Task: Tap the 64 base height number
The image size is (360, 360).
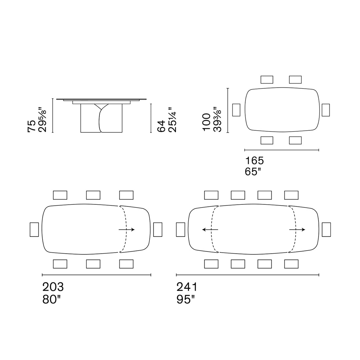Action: click(161, 126)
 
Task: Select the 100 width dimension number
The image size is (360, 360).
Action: click(206, 122)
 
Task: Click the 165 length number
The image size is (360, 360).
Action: click(254, 161)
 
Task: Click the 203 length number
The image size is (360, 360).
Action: click(53, 287)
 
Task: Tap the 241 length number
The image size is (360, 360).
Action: click(187, 287)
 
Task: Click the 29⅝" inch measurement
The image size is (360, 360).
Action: click(42, 120)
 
